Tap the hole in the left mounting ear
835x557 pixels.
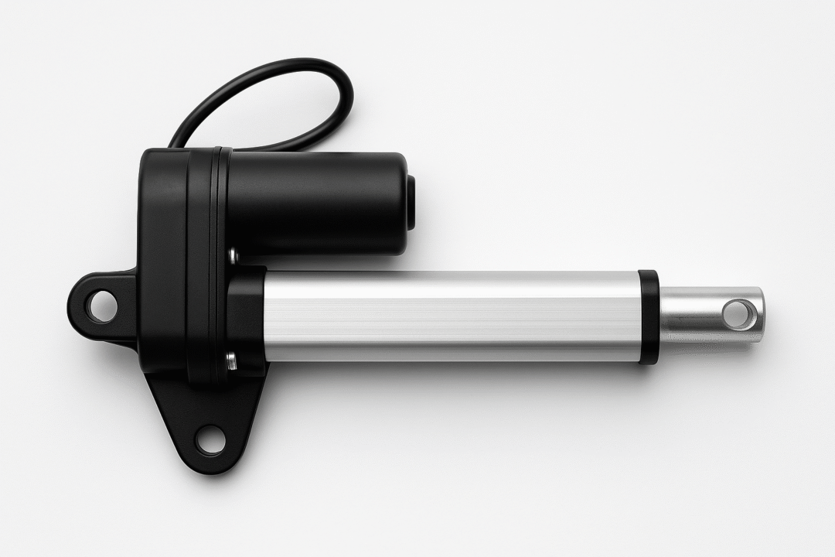101,306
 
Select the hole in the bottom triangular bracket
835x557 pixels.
209,440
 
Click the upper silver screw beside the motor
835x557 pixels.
233,254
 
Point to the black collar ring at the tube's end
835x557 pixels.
648,316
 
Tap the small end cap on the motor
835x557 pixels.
411,203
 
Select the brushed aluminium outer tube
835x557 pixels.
452,316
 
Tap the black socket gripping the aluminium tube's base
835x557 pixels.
246,317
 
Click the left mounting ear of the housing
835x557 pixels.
97,306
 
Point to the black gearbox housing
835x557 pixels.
166,255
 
